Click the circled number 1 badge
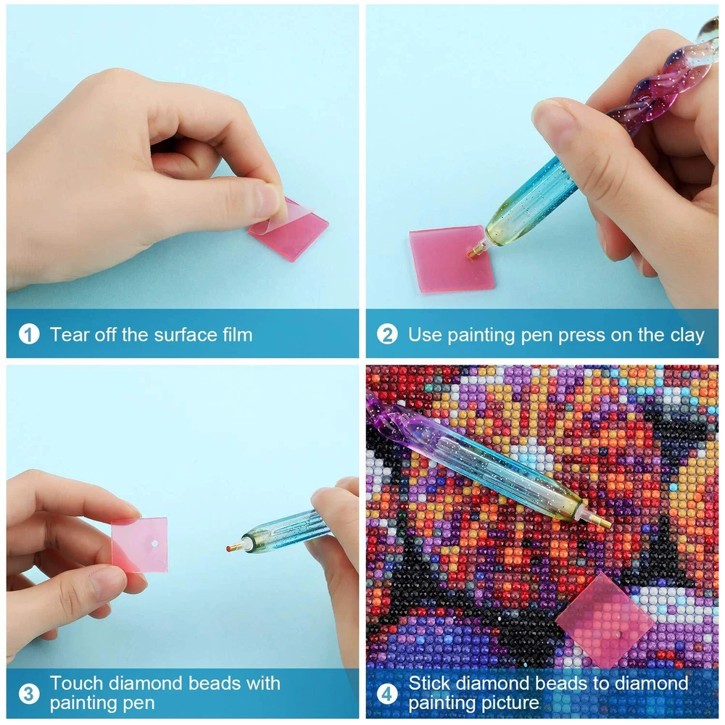[29, 334]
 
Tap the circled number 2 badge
[387, 334]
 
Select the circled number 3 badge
[29, 694]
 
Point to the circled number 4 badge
[387, 694]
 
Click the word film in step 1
[237, 334]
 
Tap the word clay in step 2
[687, 335]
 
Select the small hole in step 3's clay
[154, 543]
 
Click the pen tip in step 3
[233, 548]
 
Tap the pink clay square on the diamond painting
[605, 620]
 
